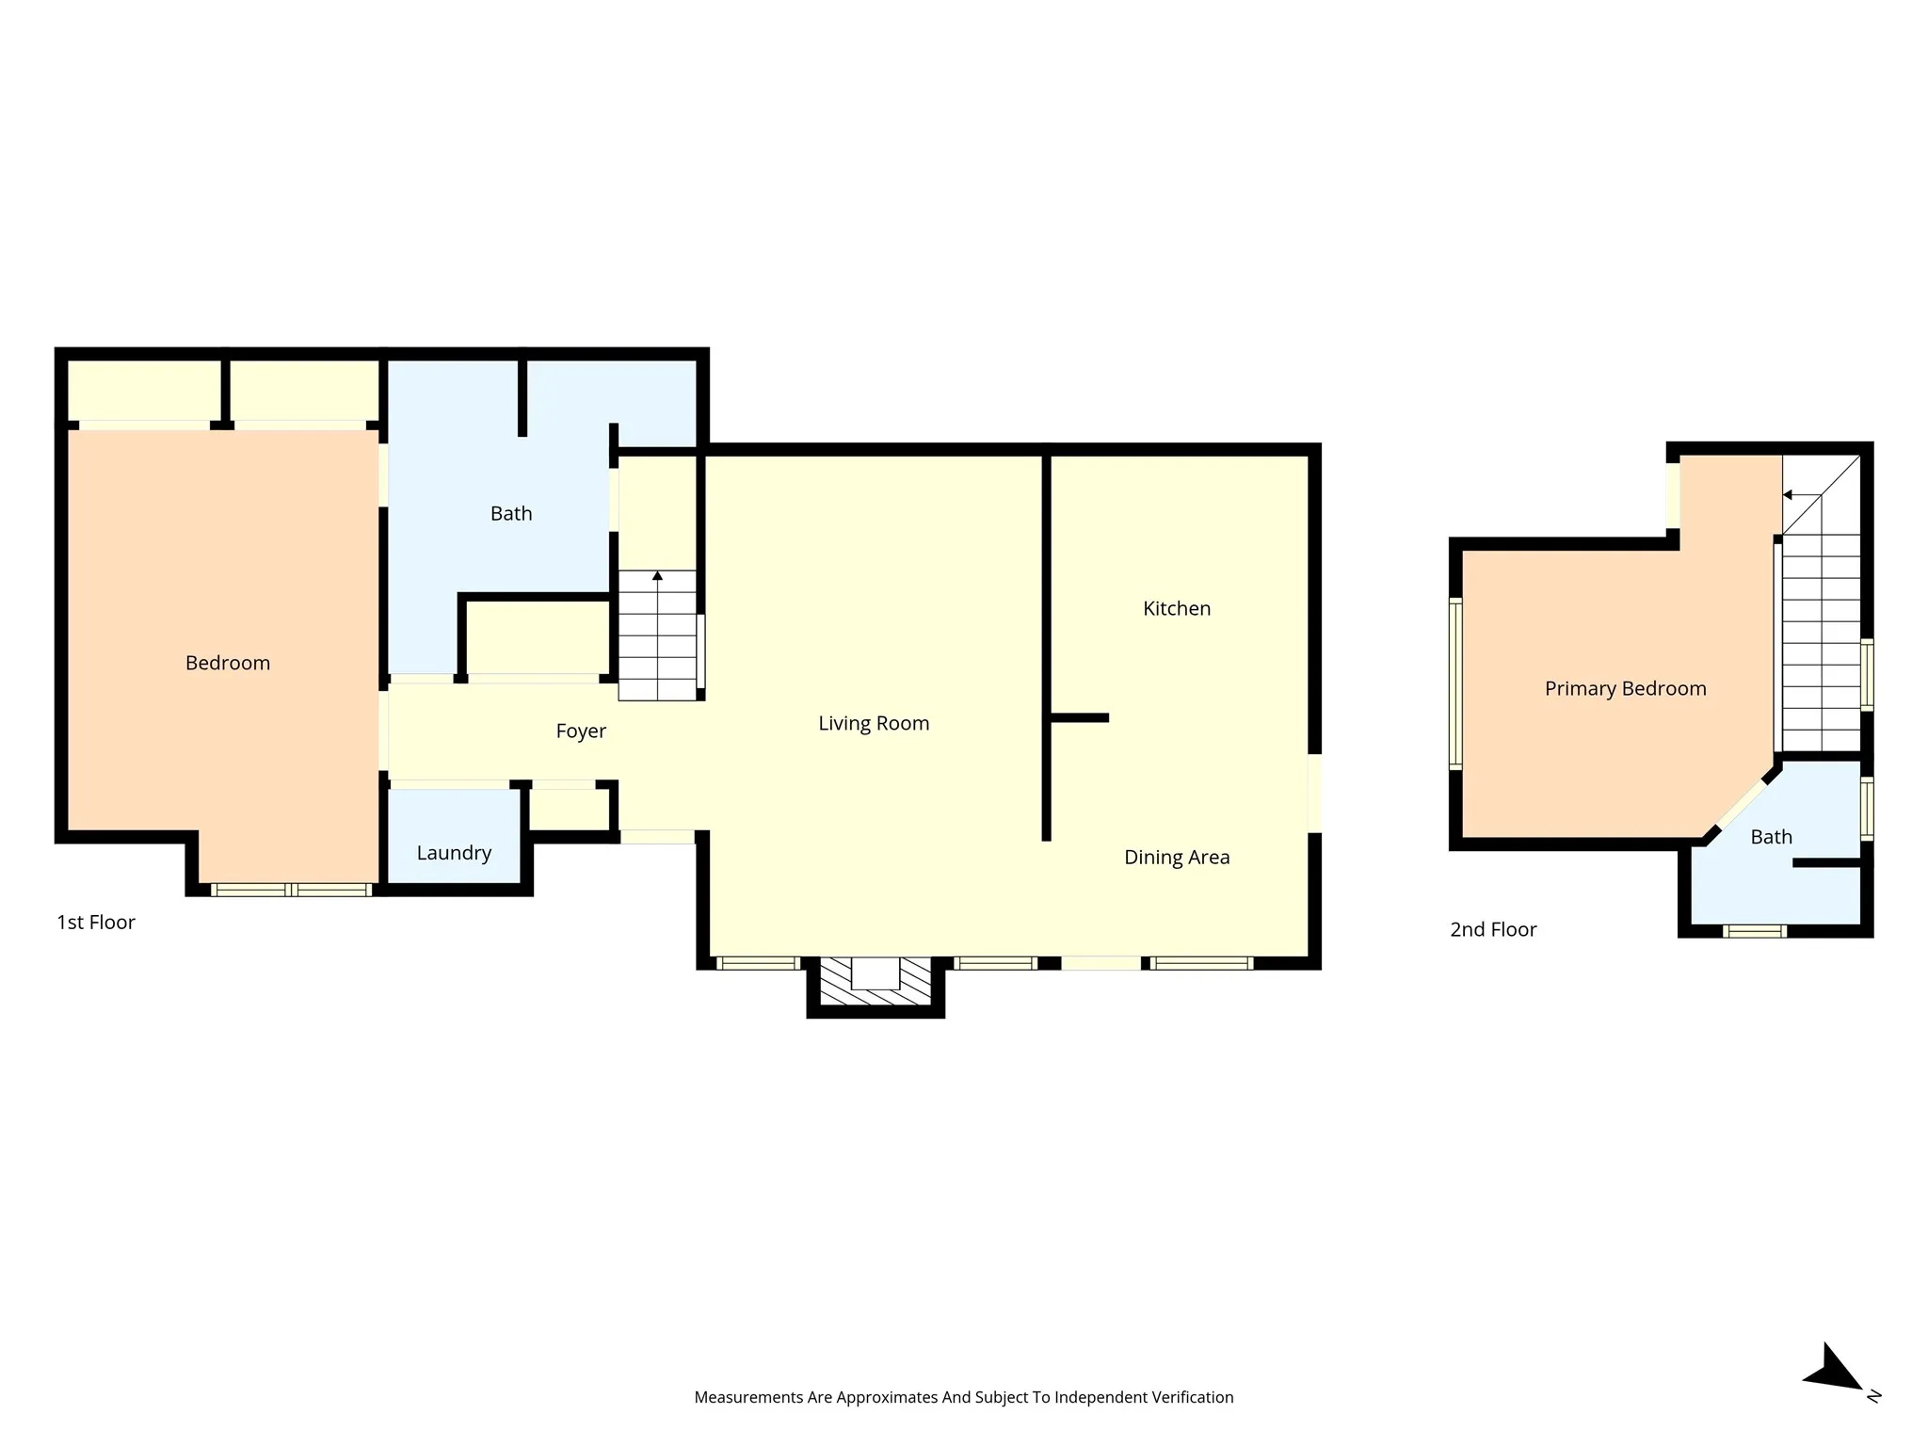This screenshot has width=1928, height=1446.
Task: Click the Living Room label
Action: (874, 723)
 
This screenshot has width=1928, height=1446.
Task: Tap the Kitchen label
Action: (1177, 608)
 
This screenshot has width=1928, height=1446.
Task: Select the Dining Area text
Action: (1177, 857)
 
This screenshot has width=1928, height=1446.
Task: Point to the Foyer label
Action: (581, 731)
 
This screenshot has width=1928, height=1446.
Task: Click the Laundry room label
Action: (454, 853)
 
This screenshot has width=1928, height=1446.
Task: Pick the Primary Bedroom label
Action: (1626, 688)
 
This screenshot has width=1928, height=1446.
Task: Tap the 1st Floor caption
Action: (96, 923)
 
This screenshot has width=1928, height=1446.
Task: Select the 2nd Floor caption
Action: (1493, 930)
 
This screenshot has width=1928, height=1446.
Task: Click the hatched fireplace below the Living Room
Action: (876, 984)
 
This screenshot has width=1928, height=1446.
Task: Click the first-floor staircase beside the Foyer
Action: (657, 635)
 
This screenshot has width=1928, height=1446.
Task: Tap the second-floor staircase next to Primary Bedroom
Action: (1822, 602)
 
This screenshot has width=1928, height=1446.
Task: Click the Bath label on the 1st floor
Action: (511, 514)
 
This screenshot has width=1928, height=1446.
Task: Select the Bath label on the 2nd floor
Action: (1771, 837)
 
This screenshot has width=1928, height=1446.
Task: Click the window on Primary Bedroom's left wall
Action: (1455, 683)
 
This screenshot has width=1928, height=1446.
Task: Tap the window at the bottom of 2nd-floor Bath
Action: (1755, 931)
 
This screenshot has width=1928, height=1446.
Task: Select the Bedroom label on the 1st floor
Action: (228, 663)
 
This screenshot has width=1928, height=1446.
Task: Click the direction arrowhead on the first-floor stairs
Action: (657, 575)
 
